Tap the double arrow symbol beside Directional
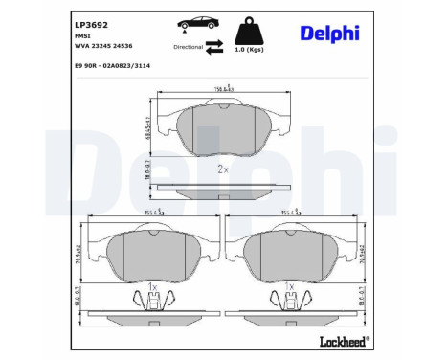click(x=215, y=46)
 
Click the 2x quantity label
click(x=223, y=169)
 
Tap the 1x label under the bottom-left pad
click(x=153, y=285)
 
